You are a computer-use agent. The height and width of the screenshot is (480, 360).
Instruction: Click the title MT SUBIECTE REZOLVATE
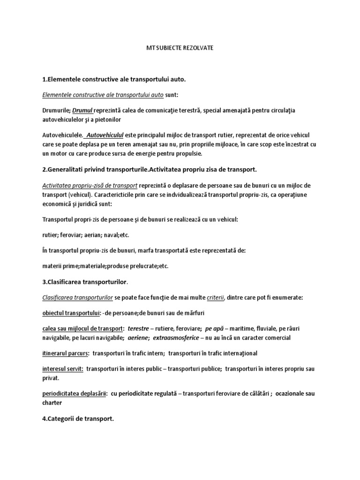pos(180,48)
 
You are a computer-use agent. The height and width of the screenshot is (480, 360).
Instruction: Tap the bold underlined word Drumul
pos(82,110)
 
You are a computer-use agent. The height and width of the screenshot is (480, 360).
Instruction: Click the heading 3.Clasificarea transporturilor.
pos(90,282)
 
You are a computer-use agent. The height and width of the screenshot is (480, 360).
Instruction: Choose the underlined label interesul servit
pos(63,369)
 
